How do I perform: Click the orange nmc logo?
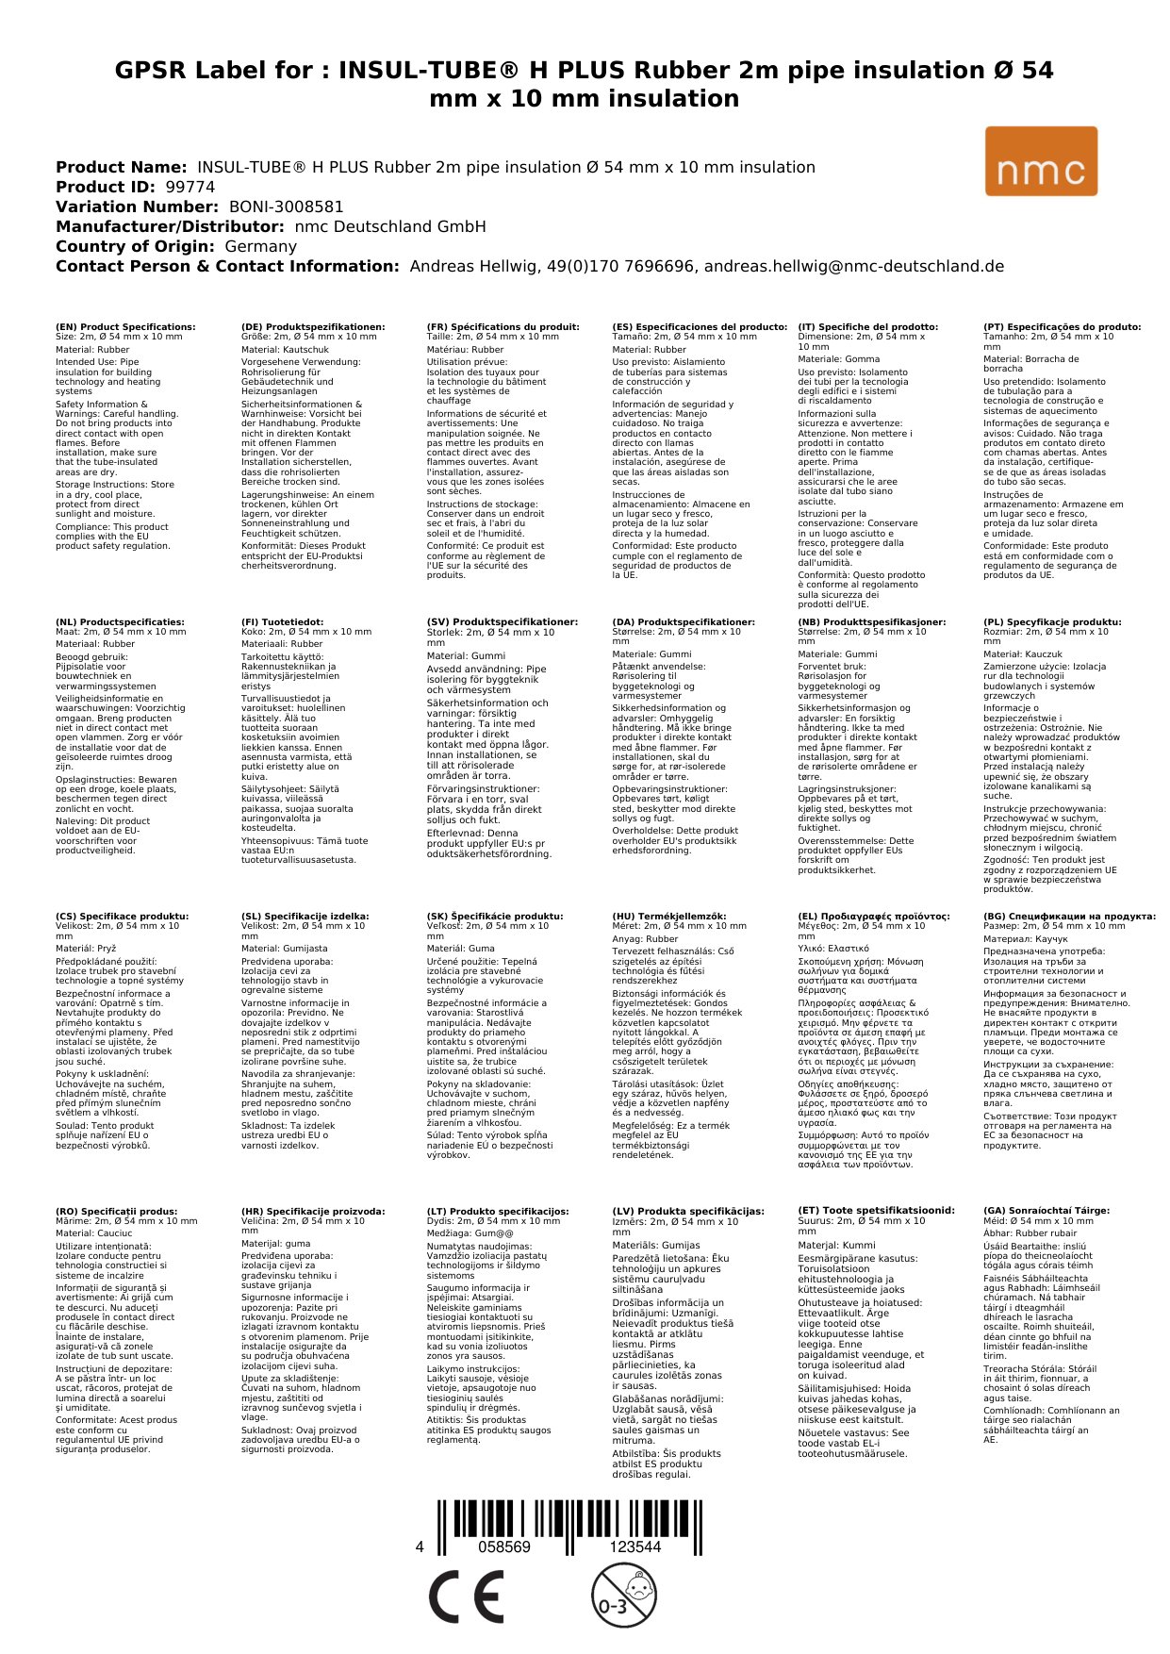[x=1041, y=161]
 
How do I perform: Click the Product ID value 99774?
[x=190, y=187]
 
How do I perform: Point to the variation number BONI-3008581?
[x=286, y=207]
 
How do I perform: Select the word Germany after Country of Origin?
[x=260, y=246]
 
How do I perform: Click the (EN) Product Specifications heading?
[x=125, y=327]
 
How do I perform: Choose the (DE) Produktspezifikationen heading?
[x=313, y=327]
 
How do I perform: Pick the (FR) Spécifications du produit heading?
[x=503, y=327]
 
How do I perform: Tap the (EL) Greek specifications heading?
[x=874, y=916]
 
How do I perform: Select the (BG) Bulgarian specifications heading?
[x=1069, y=916]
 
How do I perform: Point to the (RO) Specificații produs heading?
[x=116, y=1211]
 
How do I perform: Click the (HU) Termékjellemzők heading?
[x=669, y=916]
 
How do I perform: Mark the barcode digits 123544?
[x=634, y=1547]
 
